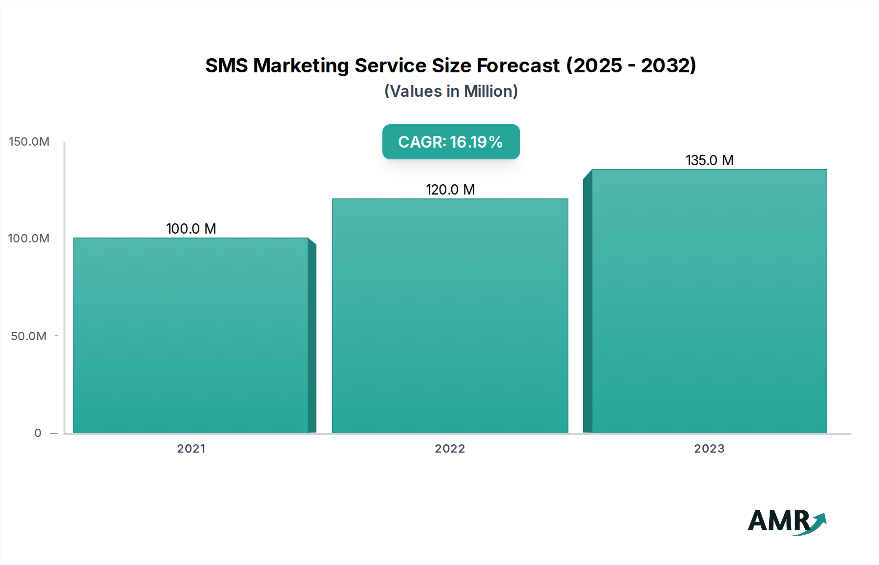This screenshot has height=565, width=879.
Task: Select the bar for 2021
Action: (190, 335)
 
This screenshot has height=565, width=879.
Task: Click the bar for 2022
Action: (450, 316)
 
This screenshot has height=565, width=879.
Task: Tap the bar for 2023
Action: (709, 301)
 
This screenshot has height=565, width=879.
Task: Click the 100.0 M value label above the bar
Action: (191, 229)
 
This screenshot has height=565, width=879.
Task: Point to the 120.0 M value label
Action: (450, 190)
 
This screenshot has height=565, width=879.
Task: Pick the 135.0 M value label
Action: (710, 160)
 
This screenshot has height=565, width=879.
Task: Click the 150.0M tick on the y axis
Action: (29, 142)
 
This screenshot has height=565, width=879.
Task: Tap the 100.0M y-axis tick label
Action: (29, 239)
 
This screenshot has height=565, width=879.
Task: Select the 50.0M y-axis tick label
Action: (29, 336)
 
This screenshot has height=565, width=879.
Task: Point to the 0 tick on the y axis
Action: (38, 433)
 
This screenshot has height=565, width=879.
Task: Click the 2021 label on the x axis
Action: (191, 449)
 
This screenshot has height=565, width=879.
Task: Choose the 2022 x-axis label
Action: (450, 449)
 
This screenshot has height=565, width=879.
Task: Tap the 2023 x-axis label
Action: (709, 449)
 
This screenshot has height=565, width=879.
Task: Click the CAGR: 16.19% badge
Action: (451, 142)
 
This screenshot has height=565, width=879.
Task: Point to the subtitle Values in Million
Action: (451, 91)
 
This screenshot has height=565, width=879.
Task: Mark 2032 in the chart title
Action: (667, 65)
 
